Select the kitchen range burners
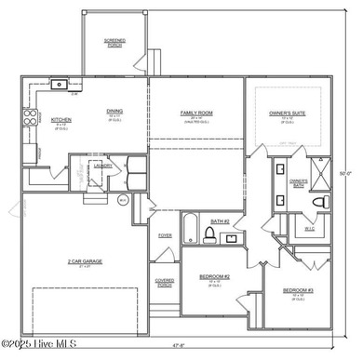click(x=29, y=118)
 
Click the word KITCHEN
click(x=61, y=119)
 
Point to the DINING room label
click(x=114, y=110)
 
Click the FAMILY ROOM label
click(x=196, y=112)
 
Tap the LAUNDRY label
click(x=103, y=166)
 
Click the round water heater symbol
click(x=123, y=198)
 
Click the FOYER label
click(x=165, y=235)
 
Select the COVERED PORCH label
click(x=165, y=284)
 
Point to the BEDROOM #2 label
click(x=214, y=276)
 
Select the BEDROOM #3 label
click(x=297, y=291)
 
